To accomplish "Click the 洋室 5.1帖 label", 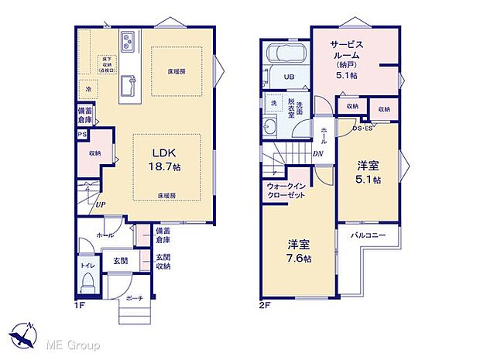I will (368, 172).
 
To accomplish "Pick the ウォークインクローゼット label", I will (286, 190).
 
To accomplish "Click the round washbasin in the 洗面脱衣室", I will (271, 129).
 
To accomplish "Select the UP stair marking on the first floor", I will (101, 204).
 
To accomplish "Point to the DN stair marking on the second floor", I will (317, 153).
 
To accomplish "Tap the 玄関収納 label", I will (162, 262).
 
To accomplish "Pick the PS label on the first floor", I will (81, 135).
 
